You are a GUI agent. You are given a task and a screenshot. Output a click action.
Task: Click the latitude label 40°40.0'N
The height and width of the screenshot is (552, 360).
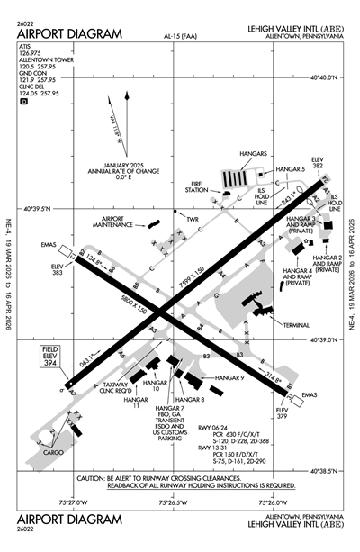(x=328, y=77)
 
